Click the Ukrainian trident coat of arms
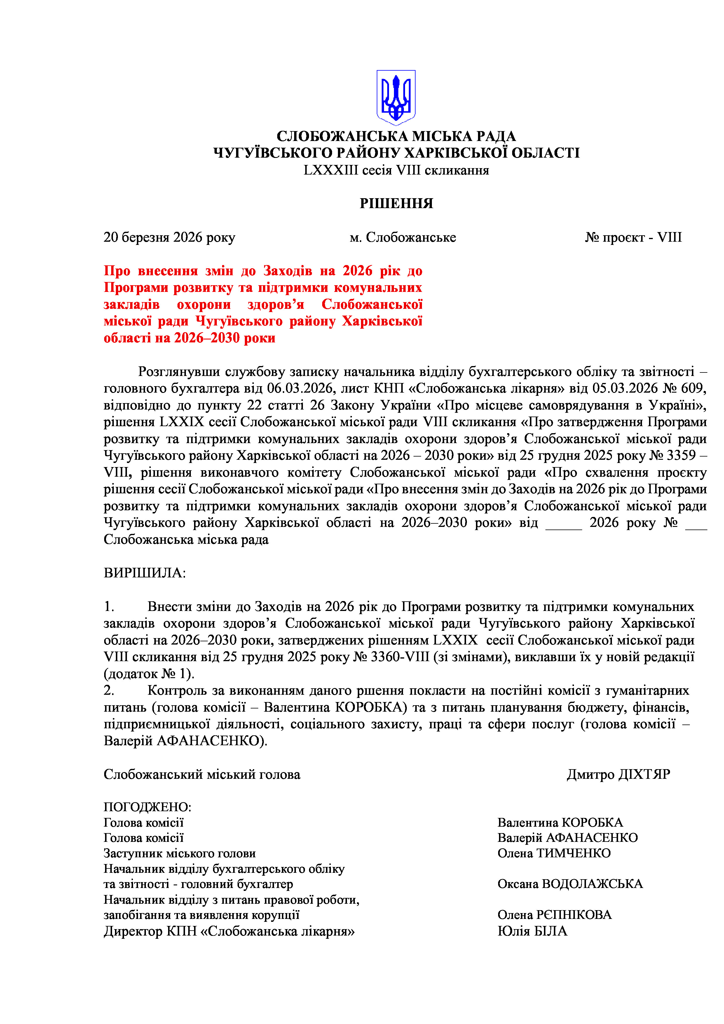click(x=396, y=97)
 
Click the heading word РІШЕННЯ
click(x=396, y=204)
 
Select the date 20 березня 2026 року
click(x=170, y=237)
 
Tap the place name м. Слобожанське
click(x=403, y=237)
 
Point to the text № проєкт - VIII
click(x=633, y=237)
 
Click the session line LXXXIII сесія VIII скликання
click(x=396, y=170)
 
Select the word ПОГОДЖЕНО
click(x=147, y=807)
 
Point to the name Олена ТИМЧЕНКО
click(x=554, y=853)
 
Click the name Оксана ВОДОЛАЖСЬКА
click(x=570, y=884)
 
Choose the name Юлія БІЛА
click(x=532, y=931)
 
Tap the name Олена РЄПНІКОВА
click(x=554, y=915)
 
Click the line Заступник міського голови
click(x=180, y=853)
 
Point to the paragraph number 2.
click(x=109, y=690)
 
